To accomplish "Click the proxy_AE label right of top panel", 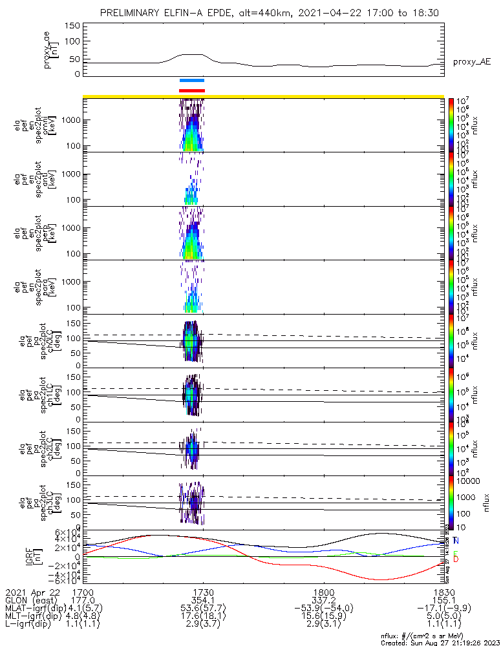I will (472, 61).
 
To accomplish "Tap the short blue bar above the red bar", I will (192, 81).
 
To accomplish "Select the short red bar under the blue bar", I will (192, 90).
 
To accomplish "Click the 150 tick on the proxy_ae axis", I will (73, 25).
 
